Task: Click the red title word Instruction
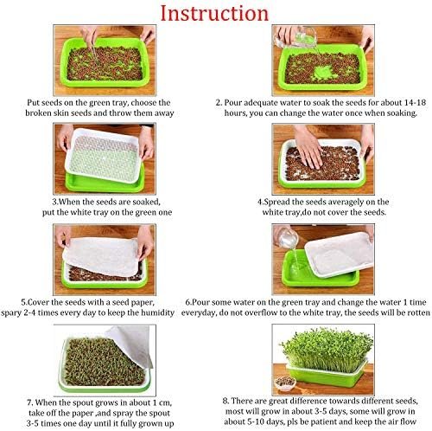tap(214, 13)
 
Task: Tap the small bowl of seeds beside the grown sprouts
tap(285, 383)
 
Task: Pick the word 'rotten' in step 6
tap(419, 312)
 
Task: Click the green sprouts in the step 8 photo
tap(327, 349)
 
